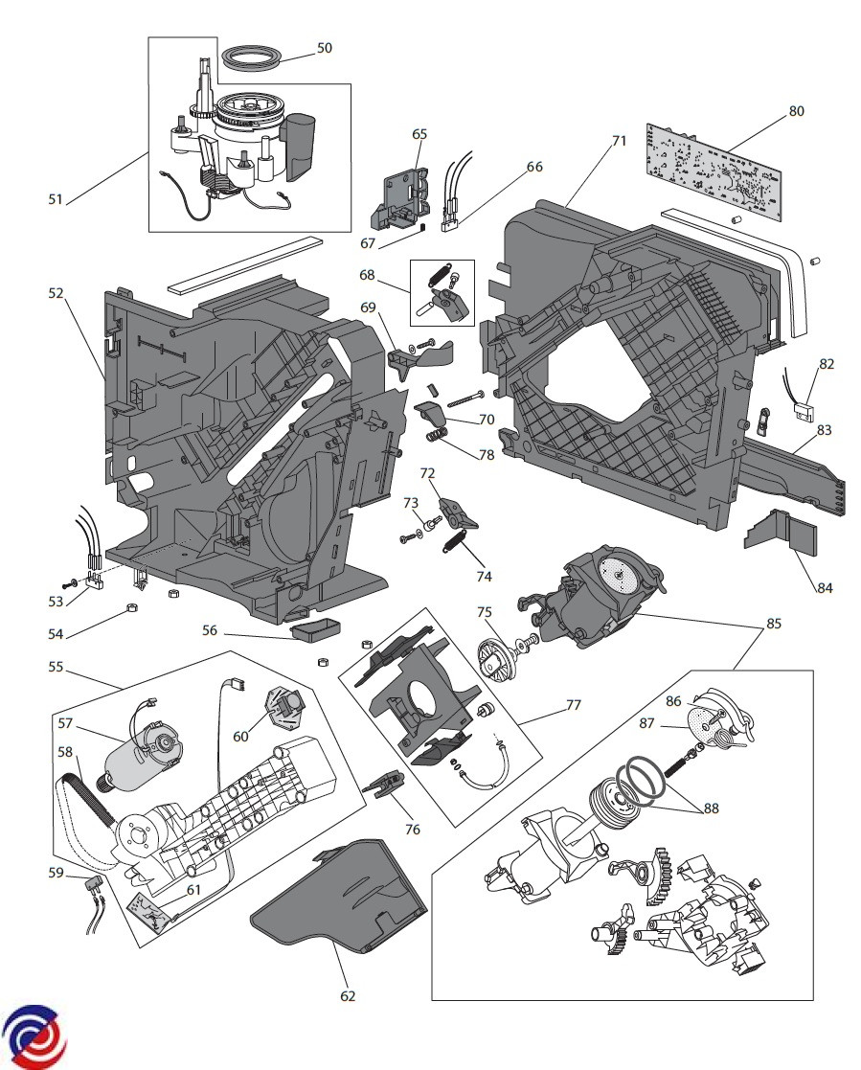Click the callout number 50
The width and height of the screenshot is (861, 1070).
click(x=325, y=48)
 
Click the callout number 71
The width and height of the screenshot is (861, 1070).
click(x=619, y=141)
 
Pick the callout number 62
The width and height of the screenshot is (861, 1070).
click(x=348, y=996)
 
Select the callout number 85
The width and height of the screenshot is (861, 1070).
click(x=774, y=624)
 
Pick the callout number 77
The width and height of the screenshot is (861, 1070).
click(x=574, y=706)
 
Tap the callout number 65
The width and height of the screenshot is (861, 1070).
click(x=419, y=134)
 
